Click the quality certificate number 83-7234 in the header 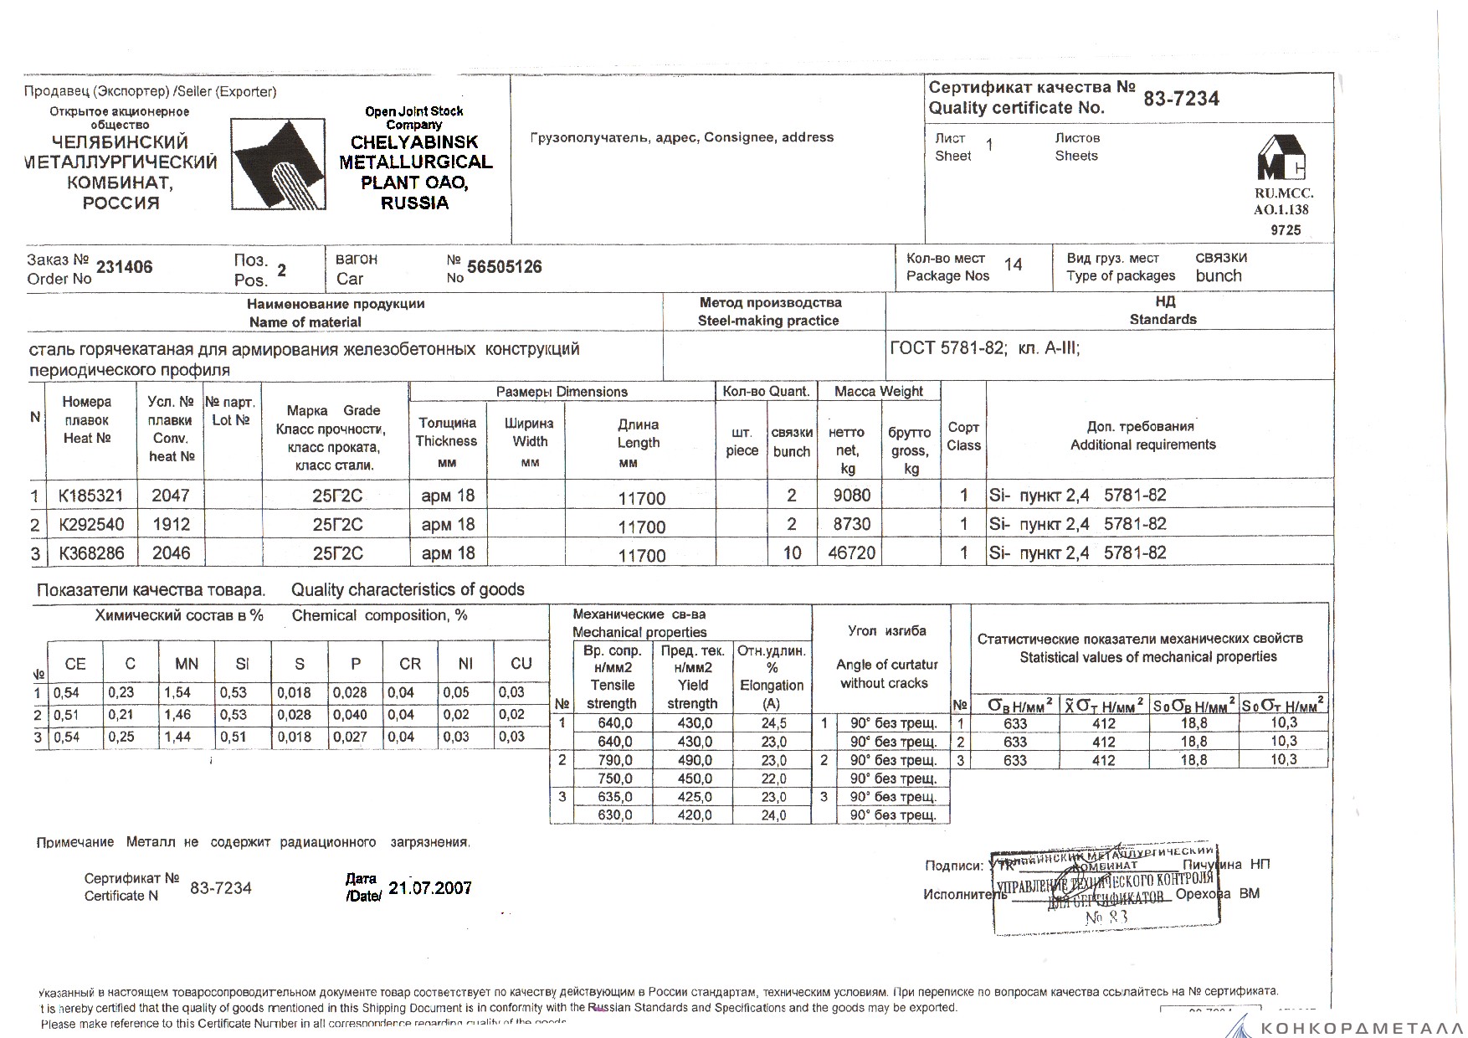1181,99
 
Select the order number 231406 125,268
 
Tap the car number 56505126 504,267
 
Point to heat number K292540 90,525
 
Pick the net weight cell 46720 851,553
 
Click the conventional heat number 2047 170,496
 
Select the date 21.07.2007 430,888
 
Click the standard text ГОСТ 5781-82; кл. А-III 985,348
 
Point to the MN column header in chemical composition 187,664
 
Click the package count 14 1013,265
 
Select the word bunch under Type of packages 1219,276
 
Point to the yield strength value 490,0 695,761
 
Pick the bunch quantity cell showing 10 791,553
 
